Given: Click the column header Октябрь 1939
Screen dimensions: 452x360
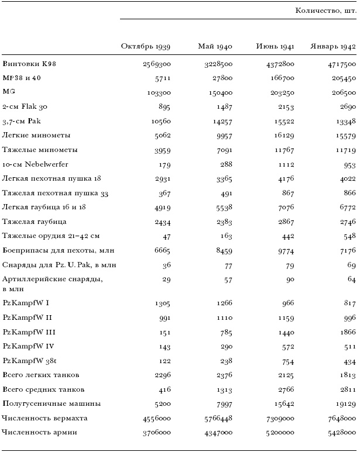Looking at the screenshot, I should (x=146, y=47).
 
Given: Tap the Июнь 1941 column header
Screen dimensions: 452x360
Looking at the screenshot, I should (x=275, y=47).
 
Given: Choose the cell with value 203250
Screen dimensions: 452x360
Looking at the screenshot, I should (x=280, y=92).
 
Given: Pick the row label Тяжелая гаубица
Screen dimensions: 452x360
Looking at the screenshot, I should (x=35, y=222).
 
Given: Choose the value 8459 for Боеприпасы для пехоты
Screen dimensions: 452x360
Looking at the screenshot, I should (x=222, y=251).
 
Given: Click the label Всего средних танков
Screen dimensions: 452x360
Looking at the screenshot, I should (x=43, y=389).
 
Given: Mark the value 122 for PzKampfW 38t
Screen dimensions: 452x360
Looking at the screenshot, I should (x=164, y=360).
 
